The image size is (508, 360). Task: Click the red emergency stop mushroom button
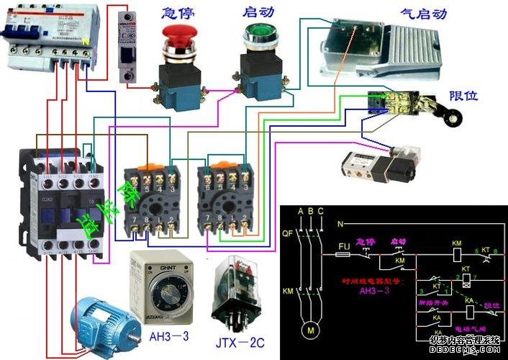[178, 35]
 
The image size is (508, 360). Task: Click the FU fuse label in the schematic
[343, 244]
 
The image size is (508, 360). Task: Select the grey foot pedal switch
[374, 47]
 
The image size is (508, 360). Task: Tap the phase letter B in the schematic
[309, 211]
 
